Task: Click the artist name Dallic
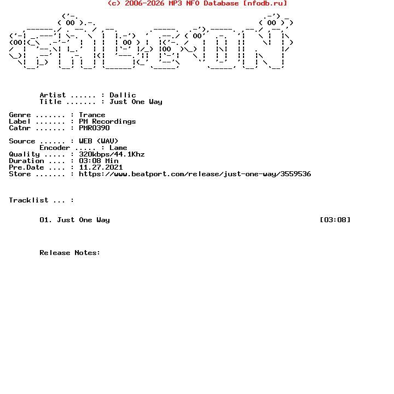(x=123, y=95)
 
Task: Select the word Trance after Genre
(x=92, y=115)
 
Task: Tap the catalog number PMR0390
(x=94, y=128)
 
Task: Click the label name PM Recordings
(x=107, y=121)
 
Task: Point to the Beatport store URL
(x=195, y=174)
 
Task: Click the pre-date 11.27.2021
(x=101, y=167)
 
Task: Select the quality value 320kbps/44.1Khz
(x=112, y=154)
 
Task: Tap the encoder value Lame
(x=118, y=148)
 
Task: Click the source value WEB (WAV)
(x=99, y=141)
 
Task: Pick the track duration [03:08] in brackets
(x=335, y=220)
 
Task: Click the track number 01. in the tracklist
(x=46, y=220)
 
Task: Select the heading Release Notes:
(x=70, y=253)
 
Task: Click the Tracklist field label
(x=28, y=200)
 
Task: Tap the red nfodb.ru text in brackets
(x=265, y=3)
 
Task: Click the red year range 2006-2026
(x=144, y=3)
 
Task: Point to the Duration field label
(x=26, y=161)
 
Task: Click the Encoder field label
(x=55, y=148)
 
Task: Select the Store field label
(x=20, y=174)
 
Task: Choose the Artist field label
(x=53, y=95)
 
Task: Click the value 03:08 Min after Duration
(x=99, y=161)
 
